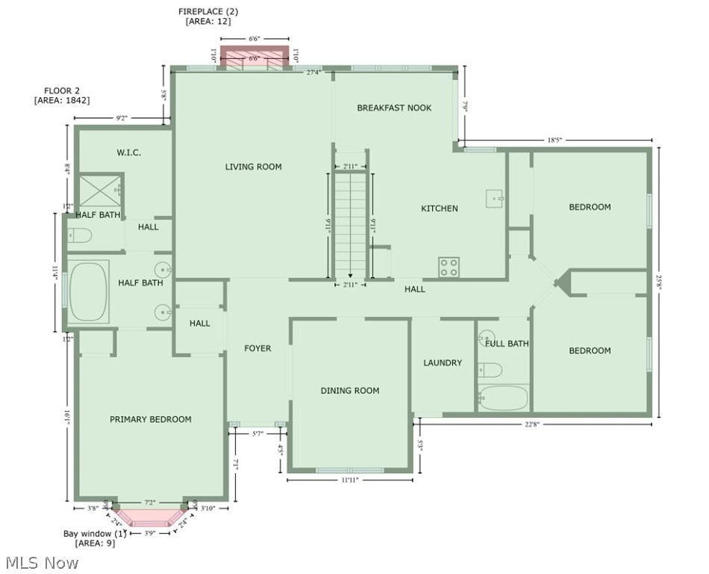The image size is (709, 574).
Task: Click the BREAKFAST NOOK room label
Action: pyautogui.click(x=394, y=108)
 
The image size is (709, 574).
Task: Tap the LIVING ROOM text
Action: pyautogui.click(x=253, y=167)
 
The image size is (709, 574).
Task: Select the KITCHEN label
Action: pyautogui.click(x=440, y=209)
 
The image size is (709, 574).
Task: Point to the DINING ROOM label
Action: pyautogui.click(x=349, y=390)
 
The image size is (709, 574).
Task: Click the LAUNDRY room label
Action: pyautogui.click(x=443, y=363)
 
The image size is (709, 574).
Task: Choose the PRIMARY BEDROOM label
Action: pyautogui.click(x=150, y=419)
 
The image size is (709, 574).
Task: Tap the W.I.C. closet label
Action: pyautogui.click(x=128, y=152)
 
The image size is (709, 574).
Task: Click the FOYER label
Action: pyautogui.click(x=257, y=348)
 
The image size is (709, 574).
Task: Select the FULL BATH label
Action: pyautogui.click(x=507, y=344)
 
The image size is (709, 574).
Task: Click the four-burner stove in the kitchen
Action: pyautogui.click(x=449, y=268)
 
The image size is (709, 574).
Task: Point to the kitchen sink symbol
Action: pyautogui.click(x=496, y=199)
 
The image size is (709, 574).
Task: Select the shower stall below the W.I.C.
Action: pyautogui.click(x=101, y=191)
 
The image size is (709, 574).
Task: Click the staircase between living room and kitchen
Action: pyautogui.click(x=350, y=224)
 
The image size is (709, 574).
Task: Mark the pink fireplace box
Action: pyautogui.click(x=254, y=58)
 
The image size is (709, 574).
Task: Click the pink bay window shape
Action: pyautogui.click(x=150, y=517)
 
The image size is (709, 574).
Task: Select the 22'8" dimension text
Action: pyautogui.click(x=531, y=425)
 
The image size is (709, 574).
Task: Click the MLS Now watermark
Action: pyautogui.click(x=40, y=562)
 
